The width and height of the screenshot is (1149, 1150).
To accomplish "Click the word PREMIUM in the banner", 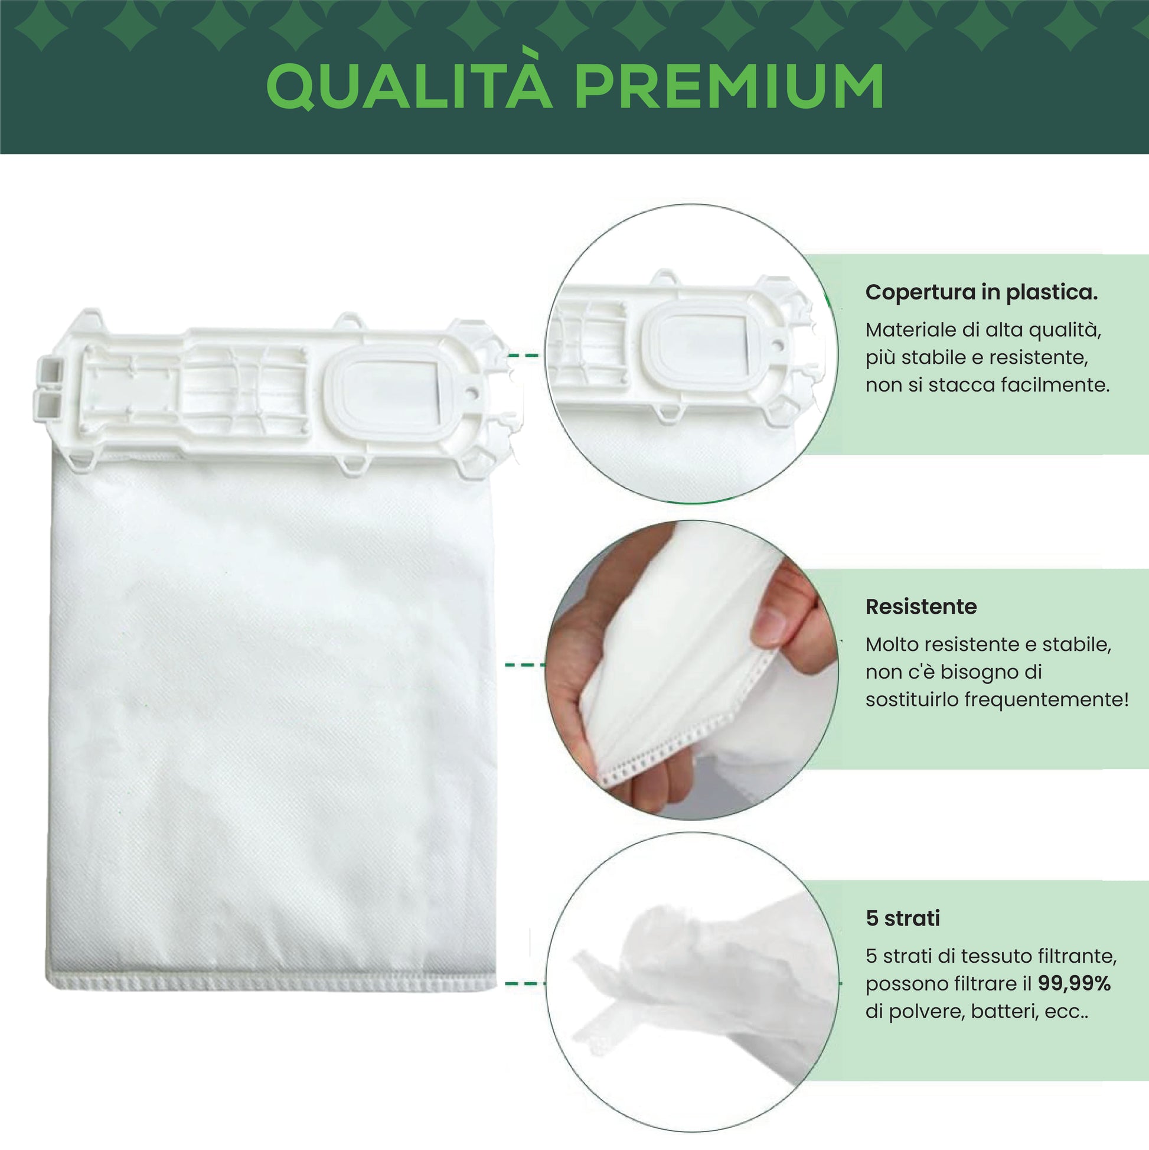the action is [730, 86].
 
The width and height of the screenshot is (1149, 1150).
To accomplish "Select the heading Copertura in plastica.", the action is [981, 292].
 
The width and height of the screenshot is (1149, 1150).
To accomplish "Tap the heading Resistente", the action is [921, 607].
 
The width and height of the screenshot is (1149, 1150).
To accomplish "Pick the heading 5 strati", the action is [903, 918].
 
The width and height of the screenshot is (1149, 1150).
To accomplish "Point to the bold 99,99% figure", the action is [1074, 983].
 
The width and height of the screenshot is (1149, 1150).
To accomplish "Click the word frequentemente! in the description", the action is [1046, 699].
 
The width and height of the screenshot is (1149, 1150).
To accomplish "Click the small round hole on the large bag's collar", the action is [472, 393].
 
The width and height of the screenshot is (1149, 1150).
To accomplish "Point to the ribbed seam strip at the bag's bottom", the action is [272, 984].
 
